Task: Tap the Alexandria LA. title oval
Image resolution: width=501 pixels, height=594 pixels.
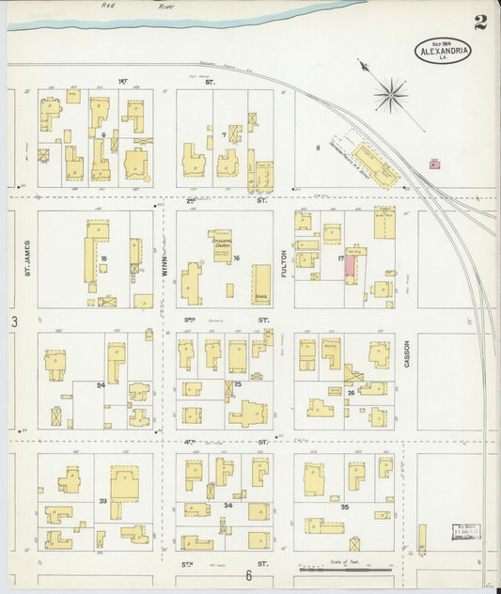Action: click(x=444, y=51)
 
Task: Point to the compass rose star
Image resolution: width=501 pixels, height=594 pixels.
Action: click(x=389, y=93)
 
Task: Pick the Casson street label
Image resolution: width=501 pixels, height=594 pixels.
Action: click(x=406, y=352)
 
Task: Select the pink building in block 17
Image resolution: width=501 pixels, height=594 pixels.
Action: click(x=350, y=265)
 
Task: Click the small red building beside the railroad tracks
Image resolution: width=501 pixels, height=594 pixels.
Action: click(x=434, y=164)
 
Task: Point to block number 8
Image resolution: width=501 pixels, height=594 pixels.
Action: click(x=319, y=148)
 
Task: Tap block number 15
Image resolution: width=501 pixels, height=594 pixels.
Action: click(x=103, y=258)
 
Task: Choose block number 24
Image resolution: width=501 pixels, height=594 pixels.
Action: click(x=100, y=384)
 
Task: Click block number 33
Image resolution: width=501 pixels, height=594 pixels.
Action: click(x=102, y=502)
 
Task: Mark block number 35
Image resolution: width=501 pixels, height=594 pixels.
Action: click(x=345, y=508)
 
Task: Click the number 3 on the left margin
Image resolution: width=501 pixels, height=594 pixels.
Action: click(x=14, y=322)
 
